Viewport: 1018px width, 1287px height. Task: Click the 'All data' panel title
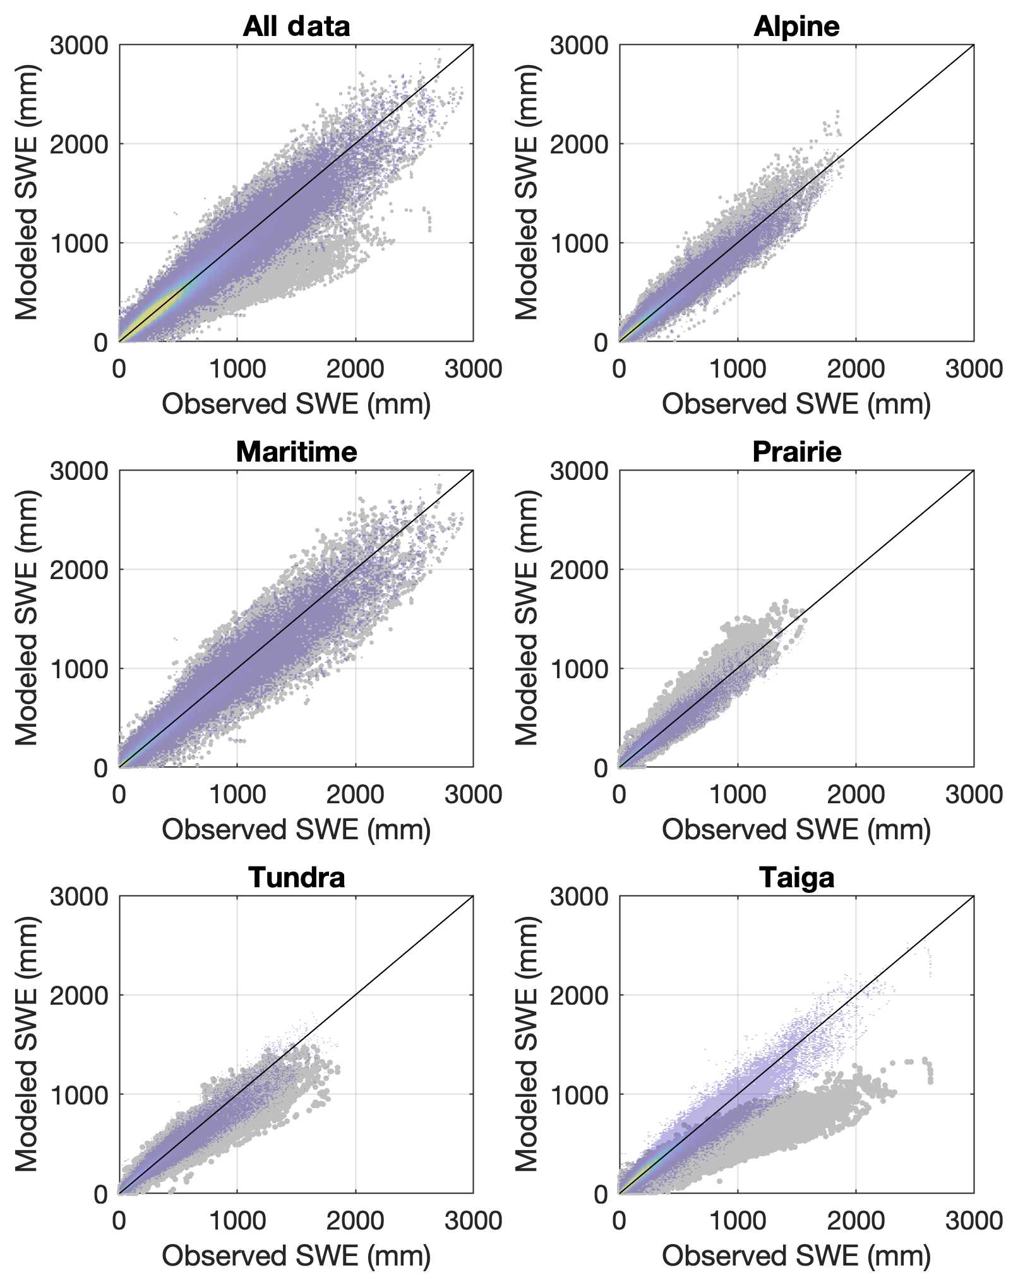click(x=296, y=27)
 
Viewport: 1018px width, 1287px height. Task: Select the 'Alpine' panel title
click(x=796, y=27)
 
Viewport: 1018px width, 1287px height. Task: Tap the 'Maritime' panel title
click(x=296, y=452)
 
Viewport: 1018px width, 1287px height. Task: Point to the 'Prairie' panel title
click(x=796, y=452)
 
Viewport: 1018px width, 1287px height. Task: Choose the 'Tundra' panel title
click(x=296, y=878)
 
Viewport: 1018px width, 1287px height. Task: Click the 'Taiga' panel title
click(x=796, y=878)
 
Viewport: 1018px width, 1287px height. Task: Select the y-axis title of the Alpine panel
click(x=527, y=193)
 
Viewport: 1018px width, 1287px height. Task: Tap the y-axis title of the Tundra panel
click(x=27, y=1044)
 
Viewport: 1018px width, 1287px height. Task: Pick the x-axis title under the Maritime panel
click(x=296, y=830)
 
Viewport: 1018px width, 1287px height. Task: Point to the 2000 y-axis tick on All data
click(x=79, y=144)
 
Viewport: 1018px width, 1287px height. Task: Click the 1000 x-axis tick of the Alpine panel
click(x=738, y=369)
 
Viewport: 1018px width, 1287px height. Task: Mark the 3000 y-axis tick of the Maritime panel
click(x=79, y=471)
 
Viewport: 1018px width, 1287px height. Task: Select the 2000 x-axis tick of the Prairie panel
click(x=856, y=794)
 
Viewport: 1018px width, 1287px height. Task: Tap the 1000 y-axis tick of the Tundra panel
click(x=79, y=1095)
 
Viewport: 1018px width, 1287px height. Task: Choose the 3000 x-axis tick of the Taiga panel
click(x=974, y=1220)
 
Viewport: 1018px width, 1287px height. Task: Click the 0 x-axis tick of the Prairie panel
click(x=620, y=794)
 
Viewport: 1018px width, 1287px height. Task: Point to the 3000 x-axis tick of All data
click(x=474, y=369)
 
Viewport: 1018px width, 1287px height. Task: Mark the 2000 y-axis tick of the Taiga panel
click(x=579, y=996)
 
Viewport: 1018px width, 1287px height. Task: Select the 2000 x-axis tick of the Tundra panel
click(x=356, y=1220)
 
